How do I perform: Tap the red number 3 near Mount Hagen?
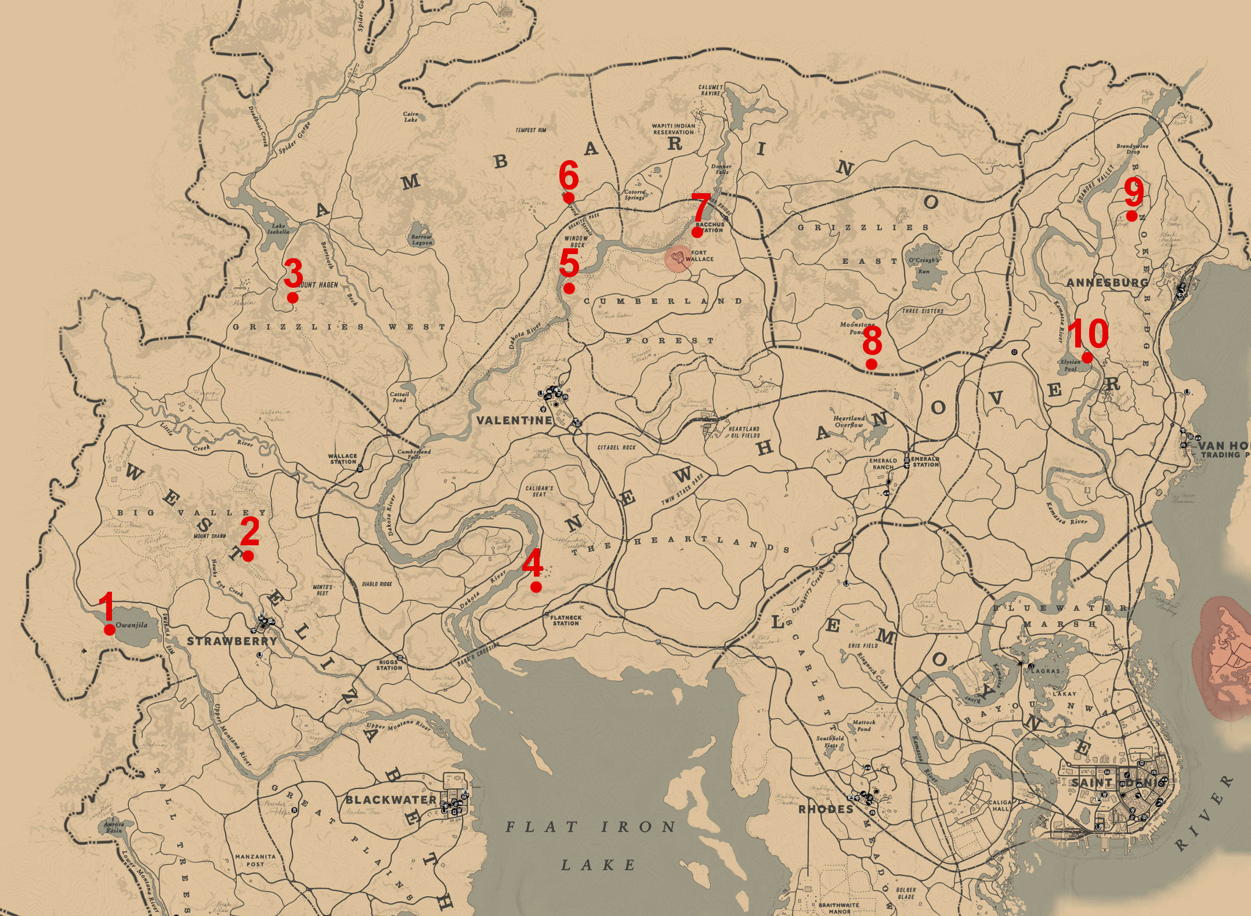(294, 273)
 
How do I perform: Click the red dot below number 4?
(536, 587)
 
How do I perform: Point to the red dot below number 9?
(1131, 216)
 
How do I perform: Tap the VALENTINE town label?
(514, 420)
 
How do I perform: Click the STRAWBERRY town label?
(232, 641)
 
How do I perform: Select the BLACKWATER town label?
(391, 800)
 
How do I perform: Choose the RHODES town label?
(826, 809)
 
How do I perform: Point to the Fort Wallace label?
(699, 256)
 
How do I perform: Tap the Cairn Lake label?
(411, 117)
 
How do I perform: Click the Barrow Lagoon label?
(421, 240)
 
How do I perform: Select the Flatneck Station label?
(565, 621)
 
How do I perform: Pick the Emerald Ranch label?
(883, 464)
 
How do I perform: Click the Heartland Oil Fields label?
(744, 432)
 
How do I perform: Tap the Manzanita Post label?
(255, 860)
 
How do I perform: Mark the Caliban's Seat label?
(539, 491)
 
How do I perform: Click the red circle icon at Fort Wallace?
(678, 258)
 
